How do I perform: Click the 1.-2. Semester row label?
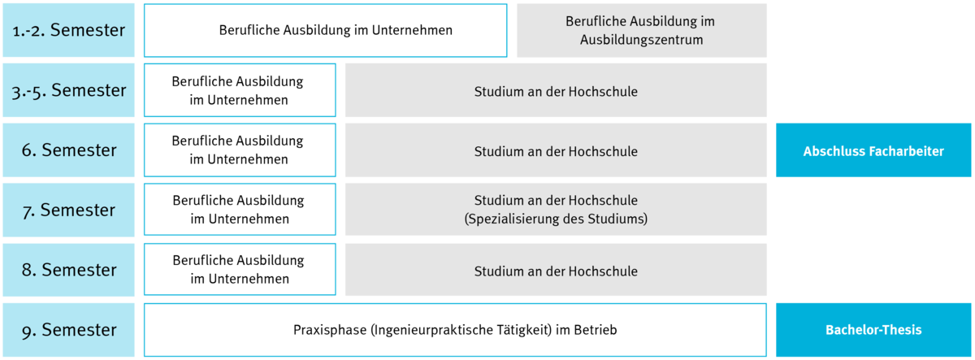click(69, 30)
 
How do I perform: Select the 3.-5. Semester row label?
click(69, 90)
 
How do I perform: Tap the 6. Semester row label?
click(69, 150)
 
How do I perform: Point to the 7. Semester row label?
click(69, 210)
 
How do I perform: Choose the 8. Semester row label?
click(69, 270)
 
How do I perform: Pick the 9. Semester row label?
click(69, 330)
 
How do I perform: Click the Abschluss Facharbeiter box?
click(873, 150)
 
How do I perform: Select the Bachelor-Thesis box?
click(873, 330)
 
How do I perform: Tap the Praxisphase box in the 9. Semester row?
click(455, 330)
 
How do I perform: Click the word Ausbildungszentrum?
click(641, 40)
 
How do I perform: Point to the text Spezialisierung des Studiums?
click(556, 219)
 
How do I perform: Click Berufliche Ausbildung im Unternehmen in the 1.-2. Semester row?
click(336, 30)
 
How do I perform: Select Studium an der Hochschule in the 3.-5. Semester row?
click(556, 91)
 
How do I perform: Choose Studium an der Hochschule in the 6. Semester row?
click(556, 151)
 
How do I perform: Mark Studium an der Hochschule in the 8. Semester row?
click(556, 271)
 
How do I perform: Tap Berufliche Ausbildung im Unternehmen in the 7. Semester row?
click(239, 210)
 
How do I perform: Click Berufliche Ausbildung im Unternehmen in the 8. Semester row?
click(239, 270)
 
